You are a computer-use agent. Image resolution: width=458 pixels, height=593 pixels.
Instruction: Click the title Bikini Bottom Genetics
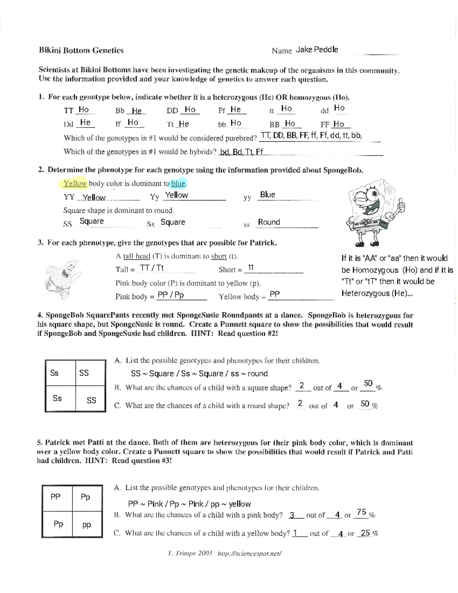pyautogui.click(x=81, y=50)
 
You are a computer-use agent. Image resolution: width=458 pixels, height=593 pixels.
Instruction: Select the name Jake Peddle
pyautogui.click(x=317, y=50)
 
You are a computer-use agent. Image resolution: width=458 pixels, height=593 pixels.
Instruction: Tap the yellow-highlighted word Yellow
pyautogui.click(x=75, y=184)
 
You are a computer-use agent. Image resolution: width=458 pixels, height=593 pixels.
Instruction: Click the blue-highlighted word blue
pyautogui.click(x=178, y=184)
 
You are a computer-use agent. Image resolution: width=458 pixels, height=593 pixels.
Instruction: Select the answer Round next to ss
pyautogui.click(x=269, y=222)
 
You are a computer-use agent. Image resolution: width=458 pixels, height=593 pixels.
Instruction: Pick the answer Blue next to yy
pyautogui.click(x=267, y=195)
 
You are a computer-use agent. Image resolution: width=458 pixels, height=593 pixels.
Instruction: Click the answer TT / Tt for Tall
pyautogui.click(x=152, y=268)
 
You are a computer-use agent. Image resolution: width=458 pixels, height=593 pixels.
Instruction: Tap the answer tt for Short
pyautogui.click(x=251, y=268)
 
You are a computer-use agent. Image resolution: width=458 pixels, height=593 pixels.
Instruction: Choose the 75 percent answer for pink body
pyautogui.click(x=361, y=512)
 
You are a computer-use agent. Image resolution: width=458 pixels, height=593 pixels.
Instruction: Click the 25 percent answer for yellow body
pyautogui.click(x=365, y=533)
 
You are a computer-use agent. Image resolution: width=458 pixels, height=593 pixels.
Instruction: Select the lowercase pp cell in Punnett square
pyautogui.click(x=87, y=525)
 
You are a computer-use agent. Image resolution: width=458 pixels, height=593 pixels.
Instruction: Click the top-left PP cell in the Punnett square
pyautogui.click(x=55, y=497)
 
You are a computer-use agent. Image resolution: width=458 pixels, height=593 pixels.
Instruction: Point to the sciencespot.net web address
pyautogui.click(x=249, y=553)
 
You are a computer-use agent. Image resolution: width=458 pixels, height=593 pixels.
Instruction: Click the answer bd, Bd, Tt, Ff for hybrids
pyautogui.click(x=241, y=152)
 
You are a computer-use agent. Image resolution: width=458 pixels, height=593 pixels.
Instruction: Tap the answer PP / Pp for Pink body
pyautogui.click(x=171, y=295)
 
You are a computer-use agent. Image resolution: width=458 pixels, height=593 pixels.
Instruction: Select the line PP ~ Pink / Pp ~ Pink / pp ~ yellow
pyautogui.click(x=189, y=504)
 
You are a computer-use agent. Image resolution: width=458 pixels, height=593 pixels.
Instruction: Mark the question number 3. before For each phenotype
pyautogui.click(x=40, y=243)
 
